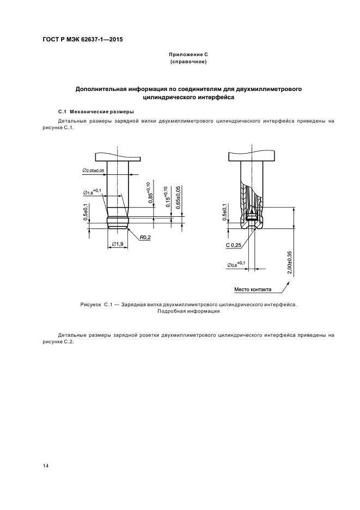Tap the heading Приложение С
point(188,55)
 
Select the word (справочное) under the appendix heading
point(188,62)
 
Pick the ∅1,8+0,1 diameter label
point(93,191)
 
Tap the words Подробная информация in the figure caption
point(188,312)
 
